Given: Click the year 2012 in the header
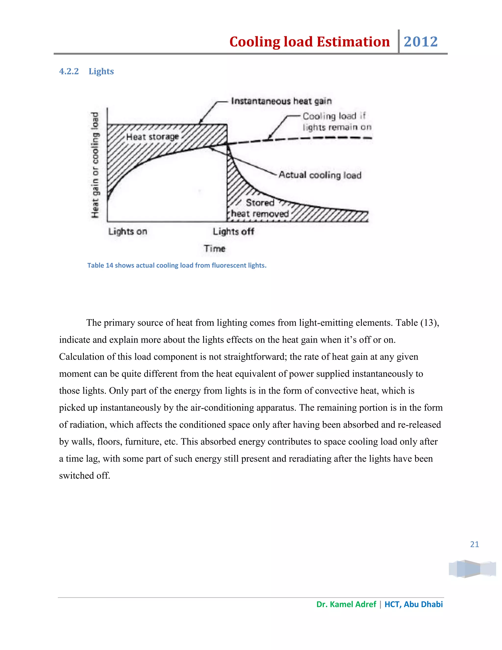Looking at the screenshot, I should (421, 42).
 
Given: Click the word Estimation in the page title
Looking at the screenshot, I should (353, 42).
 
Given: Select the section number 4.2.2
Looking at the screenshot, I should (69, 71).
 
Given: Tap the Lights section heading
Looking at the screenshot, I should (101, 71).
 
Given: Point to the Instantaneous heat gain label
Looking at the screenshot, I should (281, 101).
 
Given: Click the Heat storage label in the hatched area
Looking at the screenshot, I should (152, 137).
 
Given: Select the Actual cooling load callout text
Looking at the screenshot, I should (320, 175).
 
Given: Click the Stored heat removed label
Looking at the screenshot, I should (260, 208).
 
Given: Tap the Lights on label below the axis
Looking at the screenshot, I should (127, 232).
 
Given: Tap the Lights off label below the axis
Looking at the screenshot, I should (233, 232).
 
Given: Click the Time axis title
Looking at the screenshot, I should (214, 248).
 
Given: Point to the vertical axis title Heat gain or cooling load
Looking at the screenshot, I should (95, 165).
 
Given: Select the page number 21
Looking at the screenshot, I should (474, 544).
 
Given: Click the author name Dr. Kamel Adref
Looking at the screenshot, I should (346, 604).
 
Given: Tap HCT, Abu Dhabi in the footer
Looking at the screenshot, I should (413, 604).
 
